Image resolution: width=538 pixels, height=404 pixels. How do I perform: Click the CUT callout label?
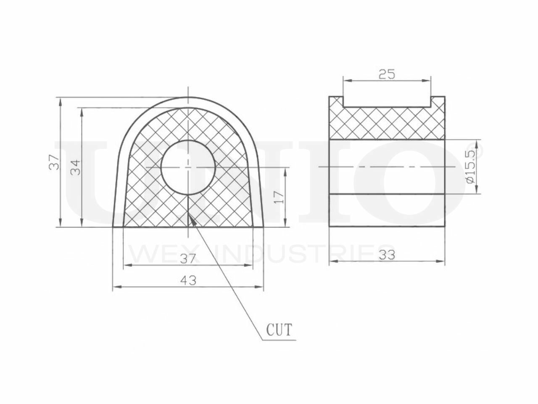pos(280,330)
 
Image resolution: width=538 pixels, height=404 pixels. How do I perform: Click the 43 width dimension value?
pos(188,280)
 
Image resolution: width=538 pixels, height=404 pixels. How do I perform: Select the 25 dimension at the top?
pos(387,74)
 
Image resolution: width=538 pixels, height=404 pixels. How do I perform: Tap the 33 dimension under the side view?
pos(387,255)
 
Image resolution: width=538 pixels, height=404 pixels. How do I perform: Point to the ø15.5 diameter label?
pos(471,166)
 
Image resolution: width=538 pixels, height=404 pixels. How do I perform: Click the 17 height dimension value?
pos(280,197)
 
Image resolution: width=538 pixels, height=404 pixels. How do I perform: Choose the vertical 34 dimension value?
pos(76,167)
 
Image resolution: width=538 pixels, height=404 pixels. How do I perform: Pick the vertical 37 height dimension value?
pos(54,162)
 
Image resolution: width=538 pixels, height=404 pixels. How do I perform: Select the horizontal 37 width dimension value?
pos(188,259)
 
